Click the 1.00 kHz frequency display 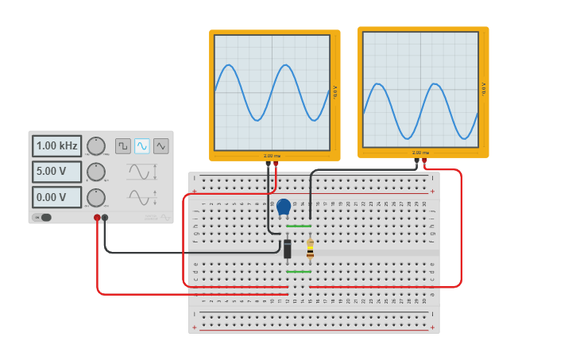[56, 146]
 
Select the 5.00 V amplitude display [56, 172]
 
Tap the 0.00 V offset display [56, 197]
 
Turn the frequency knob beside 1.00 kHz [96, 146]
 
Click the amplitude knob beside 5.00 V [96, 172]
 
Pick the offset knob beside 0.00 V [96, 197]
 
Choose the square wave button [123, 146]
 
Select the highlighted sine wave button [142, 146]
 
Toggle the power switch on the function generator [43, 217]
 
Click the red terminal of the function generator [97, 217]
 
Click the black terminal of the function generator [105, 217]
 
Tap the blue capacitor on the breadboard [284, 207]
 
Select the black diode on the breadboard [288, 249]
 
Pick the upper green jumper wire [299, 226]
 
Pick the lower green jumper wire [299, 271]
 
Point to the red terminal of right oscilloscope [424, 161]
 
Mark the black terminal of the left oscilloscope [269, 165]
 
